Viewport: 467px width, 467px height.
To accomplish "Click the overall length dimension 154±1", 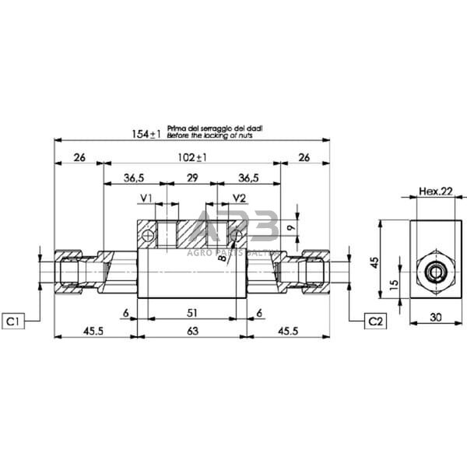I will tap(146, 134).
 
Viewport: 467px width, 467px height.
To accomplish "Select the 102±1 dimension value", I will tap(191, 156).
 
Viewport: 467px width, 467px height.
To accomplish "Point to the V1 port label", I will tap(146, 198).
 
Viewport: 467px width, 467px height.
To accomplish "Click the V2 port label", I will tap(239, 198).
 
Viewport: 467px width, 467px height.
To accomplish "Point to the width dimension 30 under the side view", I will tap(436, 318).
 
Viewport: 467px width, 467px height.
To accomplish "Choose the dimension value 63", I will tap(191, 331).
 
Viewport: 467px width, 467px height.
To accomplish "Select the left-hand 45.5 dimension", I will tap(94, 331).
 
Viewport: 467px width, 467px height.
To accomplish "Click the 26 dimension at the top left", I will tap(79, 156).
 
